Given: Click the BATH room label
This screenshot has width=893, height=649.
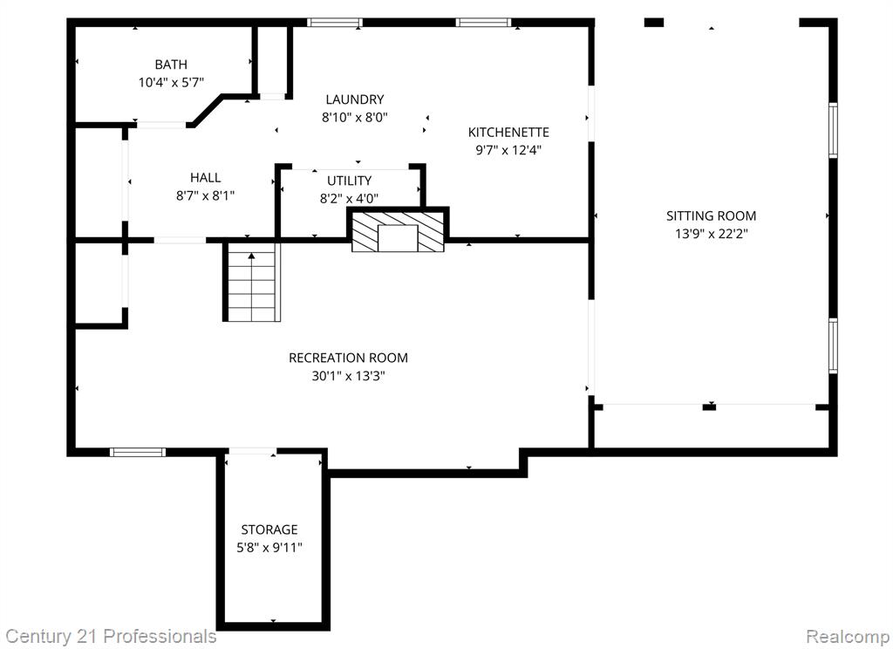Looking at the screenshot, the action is [171, 65].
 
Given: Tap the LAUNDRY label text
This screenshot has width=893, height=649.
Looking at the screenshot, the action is [355, 99].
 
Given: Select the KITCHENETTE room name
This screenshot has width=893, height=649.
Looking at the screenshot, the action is [508, 133].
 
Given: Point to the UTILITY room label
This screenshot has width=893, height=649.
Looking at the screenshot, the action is [349, 181].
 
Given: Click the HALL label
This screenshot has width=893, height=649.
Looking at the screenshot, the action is [206, 178].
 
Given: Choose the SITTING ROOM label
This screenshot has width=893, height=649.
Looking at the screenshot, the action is [712, 216].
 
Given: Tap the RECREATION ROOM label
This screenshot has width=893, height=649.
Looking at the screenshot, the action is [348, 358].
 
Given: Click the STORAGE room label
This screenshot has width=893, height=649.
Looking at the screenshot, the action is [269, 529].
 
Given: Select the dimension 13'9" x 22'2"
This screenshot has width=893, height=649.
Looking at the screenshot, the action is [712, 234].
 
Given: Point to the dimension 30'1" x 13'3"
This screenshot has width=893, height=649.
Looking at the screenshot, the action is [348, 376].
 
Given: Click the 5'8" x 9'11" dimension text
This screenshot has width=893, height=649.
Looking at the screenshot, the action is [269, 548].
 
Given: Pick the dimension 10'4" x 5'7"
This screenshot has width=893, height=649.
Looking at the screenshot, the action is [171, 83].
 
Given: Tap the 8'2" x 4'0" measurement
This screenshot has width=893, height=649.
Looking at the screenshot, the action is [349, 198].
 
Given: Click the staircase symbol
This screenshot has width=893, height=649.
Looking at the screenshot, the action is [251, 282].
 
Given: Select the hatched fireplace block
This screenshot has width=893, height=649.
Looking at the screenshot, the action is [398, 231].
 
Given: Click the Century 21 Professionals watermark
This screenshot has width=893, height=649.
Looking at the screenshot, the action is [111, 636].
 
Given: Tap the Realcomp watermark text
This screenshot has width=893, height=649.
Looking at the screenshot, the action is [847, 636].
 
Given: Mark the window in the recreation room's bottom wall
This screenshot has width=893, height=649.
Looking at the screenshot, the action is [137, 453].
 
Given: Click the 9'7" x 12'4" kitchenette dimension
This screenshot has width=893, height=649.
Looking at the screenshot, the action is [508, 150].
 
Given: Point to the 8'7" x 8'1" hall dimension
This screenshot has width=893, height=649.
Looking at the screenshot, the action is [206, 196].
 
